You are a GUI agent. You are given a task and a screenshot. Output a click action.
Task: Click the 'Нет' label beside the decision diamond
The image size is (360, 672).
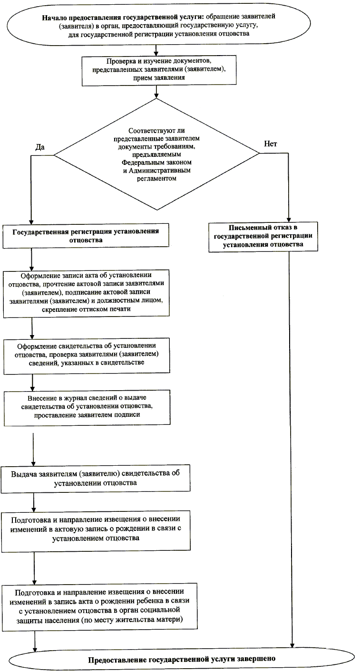pyautogui.click(x=270, y=144)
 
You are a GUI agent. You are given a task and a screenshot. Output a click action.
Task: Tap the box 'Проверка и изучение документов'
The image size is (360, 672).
pyautogui.click(x=159, y=70)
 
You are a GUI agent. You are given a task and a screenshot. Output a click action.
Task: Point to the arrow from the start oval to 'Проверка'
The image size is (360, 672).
pyautogui.click(x=156, y=50)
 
